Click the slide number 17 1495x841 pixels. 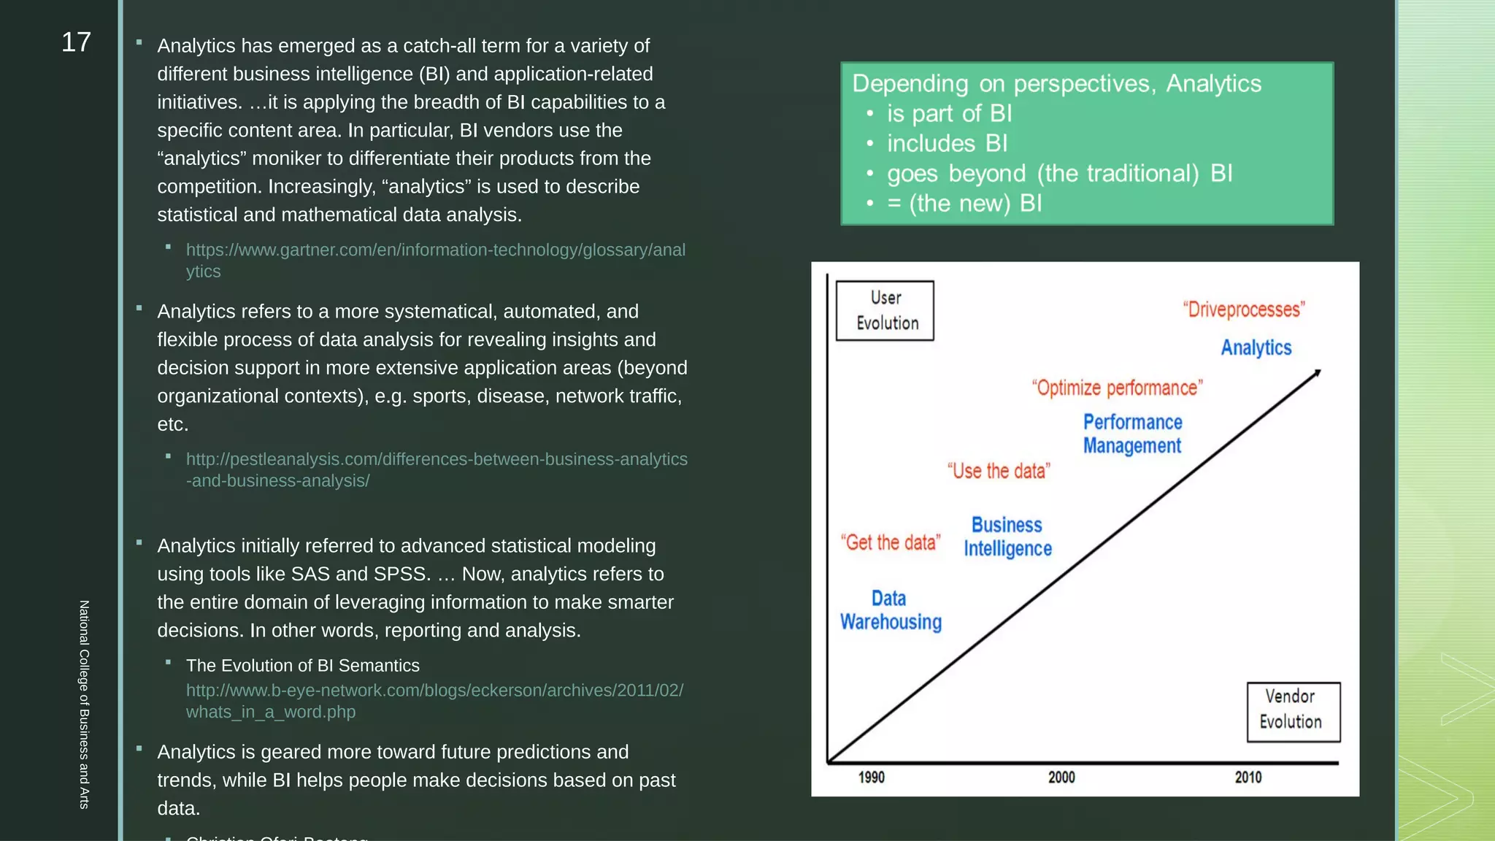[x=76, y=42]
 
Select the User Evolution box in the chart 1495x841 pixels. [x=885, y=310]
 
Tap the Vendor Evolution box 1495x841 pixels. [x=1293, y=711]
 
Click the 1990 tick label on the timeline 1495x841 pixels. [x=871, y=777]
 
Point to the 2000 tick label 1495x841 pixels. [x=1061, y=777]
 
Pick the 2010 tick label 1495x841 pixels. [x=1248, y=777]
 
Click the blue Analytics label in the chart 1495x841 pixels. [x=1256, y=347]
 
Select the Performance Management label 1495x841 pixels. [x=1131, y=434]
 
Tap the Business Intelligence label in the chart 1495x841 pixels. [x=1007, y=537]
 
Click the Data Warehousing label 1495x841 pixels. [x=891, y=610]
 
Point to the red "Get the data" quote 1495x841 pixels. [x=890, y=542]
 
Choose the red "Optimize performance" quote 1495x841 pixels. [x=1117, y=388]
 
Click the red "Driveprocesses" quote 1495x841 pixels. [x=1243, y=310]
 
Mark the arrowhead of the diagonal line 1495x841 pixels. [x=1318, y=373]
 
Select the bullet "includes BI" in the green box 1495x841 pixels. [x=947, y=144]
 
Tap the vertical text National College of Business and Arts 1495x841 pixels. [x=84, y=704]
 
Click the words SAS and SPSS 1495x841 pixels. [x=358, y=575]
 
